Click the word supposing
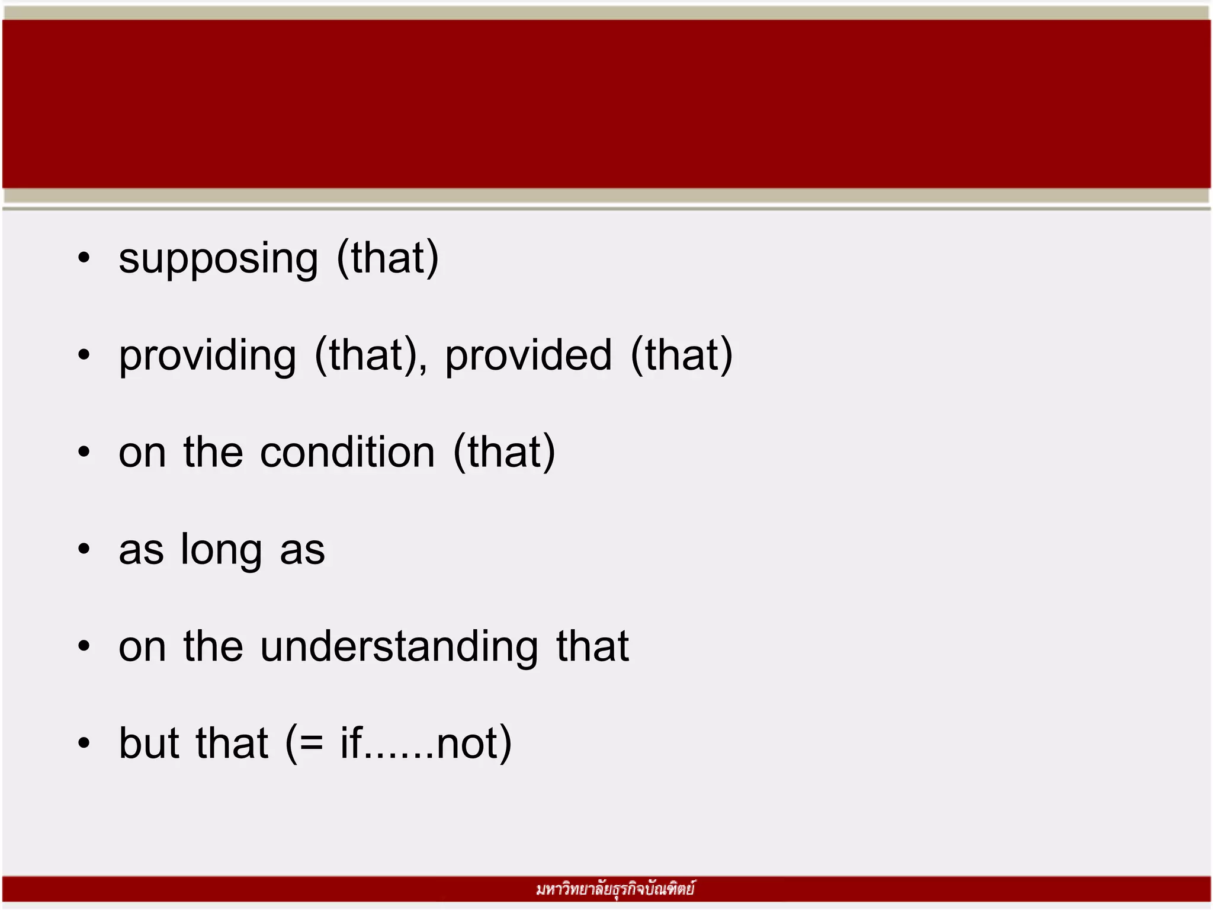tap(218, 259)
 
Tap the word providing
tap(207, 356)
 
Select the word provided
tap(528, 356)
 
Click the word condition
tap(348, 453)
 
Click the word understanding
tap(399, 646)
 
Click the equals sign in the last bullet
tap(312, 744)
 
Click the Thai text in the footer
tap(615, 889)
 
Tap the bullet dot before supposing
tap(84, 258)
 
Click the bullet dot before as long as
tap(84, 549)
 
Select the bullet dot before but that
tap(84, 743)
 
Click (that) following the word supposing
tap(388, 258)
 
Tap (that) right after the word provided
tap(682, 356)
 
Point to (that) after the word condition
tap(504, 453)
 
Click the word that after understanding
tap(592, 646)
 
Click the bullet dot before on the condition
tap(84, 452)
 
